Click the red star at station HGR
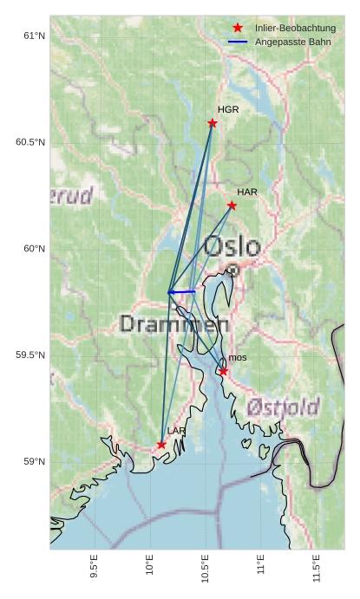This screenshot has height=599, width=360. coord(213,123)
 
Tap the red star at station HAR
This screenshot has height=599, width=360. coord(232,205)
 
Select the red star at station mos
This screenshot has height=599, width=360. coord(223,371)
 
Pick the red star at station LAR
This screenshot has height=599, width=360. coord(161,445)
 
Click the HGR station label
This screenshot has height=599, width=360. coord(228,110)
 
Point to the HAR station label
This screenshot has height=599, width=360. coord(247,192)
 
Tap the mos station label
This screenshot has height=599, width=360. coord(238,358)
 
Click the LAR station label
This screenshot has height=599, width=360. coord(176,431)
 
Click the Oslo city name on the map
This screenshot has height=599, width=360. coord(232,246)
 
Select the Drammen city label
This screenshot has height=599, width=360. coord(173,324)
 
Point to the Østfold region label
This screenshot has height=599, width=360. coord(282,406)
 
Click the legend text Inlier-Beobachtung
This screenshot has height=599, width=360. coord(295,29)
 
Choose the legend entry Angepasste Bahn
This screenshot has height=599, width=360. coord(292,42)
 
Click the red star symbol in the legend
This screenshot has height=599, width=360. coord(238,29)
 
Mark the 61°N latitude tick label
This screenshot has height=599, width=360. coord(33,36)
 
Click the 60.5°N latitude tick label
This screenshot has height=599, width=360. coord(29,142)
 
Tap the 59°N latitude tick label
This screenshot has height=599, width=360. coord(33,461)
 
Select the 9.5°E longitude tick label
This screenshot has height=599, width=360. coord(95,569)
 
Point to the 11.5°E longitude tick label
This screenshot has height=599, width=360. coord(317,569)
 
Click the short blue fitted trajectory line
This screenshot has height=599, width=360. coord(182,292)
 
